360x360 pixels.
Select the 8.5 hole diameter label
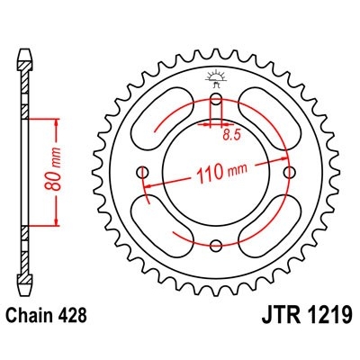[x=231, y=134]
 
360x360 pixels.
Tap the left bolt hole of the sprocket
[x=143, y=171]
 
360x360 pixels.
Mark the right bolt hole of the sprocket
[x=288, y=171]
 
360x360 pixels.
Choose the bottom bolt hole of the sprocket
[x=216, y=244]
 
